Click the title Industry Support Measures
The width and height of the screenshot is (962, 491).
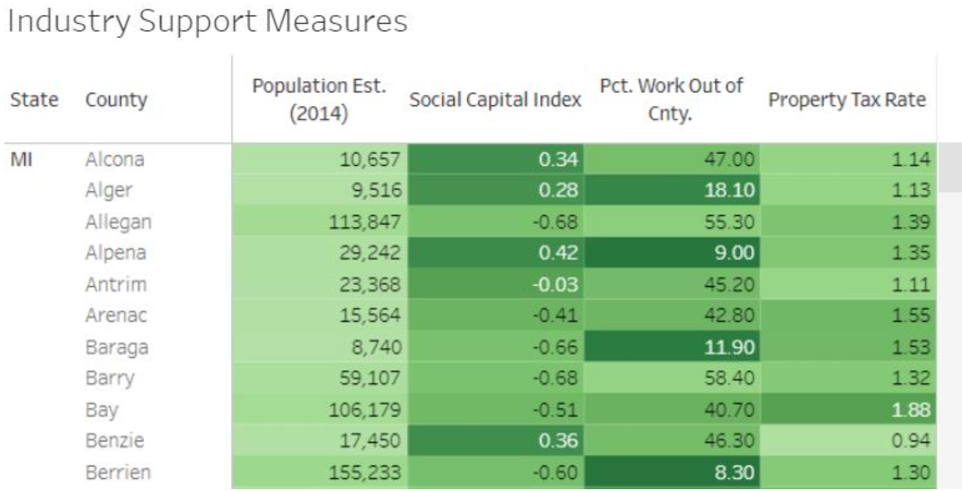click(208, 21)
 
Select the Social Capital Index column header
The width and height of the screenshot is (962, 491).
click(495, 100)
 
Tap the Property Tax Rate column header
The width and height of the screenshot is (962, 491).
click(846, 100)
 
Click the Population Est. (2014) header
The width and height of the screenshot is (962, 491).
click(319, 100)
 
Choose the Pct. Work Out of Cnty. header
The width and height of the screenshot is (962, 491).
click(671, 100)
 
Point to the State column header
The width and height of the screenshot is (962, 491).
click(34, 100)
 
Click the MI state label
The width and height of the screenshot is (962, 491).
click(21, 160)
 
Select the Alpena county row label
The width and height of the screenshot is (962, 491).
click(116, 253)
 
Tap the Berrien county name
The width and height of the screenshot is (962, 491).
click(118, 472)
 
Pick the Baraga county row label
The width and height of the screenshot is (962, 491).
click(117, 347)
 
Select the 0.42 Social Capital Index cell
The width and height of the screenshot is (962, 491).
click(558, 253)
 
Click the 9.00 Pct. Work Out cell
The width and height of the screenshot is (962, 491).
click(734, 253)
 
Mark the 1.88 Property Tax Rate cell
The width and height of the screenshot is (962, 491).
click(911, 410)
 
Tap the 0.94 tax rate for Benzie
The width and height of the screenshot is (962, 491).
click(911, 441)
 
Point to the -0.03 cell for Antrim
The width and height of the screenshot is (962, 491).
click(556, 285)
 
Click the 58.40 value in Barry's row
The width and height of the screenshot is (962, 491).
click(729, 378)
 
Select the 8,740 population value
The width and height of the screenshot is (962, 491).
click(376, 347)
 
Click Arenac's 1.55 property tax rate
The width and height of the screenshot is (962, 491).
click(911, 316)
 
